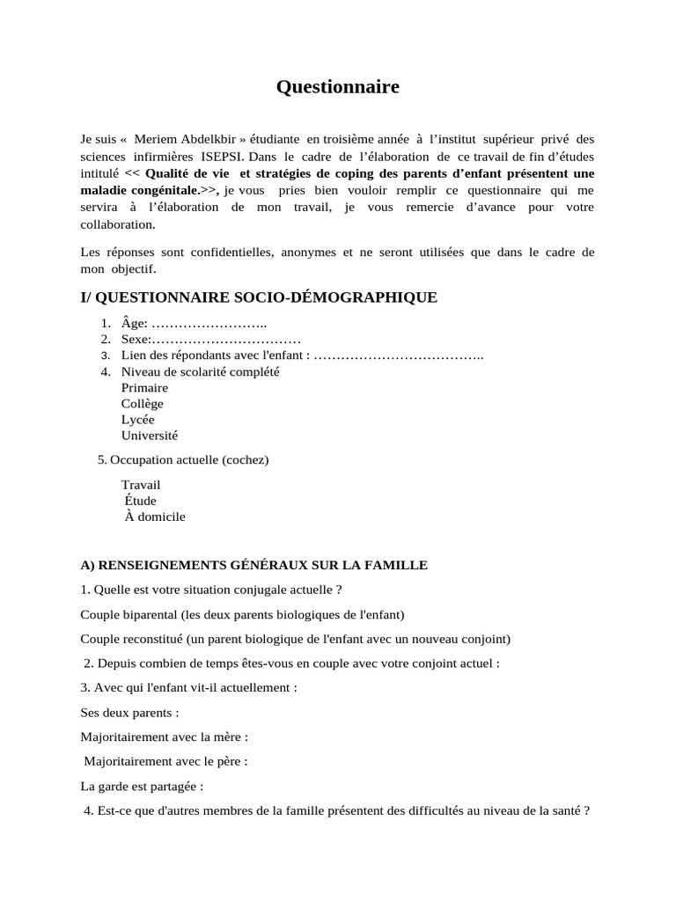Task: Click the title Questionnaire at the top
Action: tap(338, 86)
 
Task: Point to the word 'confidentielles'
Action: tap(222, 252)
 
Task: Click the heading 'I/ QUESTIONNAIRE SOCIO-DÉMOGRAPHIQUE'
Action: tap(259, 297)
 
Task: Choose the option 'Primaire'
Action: tap(144, 387)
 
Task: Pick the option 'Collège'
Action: tap(143, 403)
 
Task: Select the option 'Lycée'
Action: tap(137, 419)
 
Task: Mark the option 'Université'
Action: tap(150, 435)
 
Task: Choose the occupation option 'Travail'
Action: tap(141, 485)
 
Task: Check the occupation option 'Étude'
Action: tap(141, 501)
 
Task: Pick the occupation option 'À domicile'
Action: tap(155, 516)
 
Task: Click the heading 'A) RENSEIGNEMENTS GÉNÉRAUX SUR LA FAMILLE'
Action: tap(253, 565)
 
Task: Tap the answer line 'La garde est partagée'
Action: tap(142, 786)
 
